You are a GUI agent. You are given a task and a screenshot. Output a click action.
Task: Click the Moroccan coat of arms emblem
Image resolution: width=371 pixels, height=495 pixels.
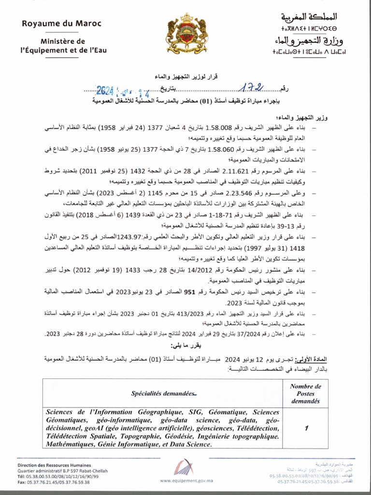(186, 34)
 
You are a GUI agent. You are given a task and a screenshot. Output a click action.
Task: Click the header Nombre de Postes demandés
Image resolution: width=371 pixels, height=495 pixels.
(305, 393)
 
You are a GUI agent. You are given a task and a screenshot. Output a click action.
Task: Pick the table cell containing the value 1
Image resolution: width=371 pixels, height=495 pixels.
(305, 428)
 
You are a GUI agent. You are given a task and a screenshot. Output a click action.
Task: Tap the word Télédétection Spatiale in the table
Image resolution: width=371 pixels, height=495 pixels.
(79, 436)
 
